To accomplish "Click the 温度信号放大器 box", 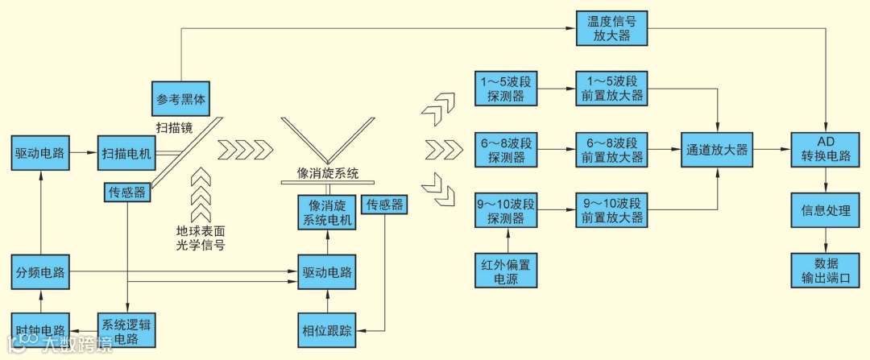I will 611,28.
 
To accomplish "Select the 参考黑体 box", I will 180,100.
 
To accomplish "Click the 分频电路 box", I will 39,272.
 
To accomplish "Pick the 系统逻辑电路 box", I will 126,331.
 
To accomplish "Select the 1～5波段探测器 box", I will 507,89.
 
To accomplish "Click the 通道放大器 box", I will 717,151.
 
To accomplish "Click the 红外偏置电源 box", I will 507,272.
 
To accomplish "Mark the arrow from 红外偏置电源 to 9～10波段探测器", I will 507,242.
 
